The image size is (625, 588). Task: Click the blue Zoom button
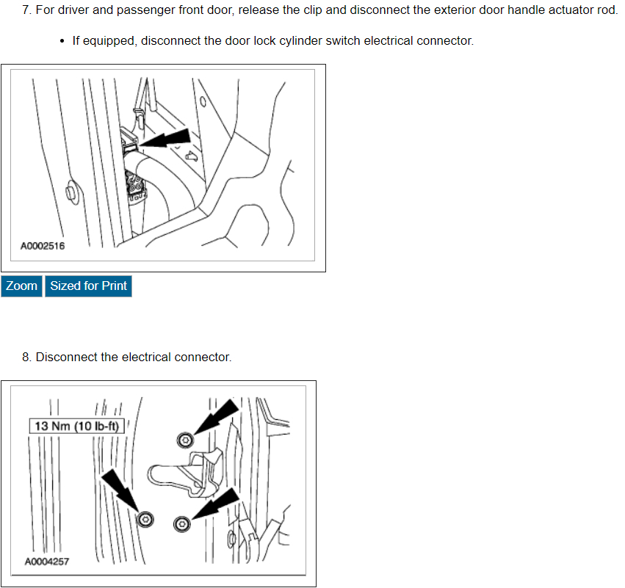(21, 286)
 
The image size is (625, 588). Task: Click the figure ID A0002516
(43, 246)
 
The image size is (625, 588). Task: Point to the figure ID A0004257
(48, 562)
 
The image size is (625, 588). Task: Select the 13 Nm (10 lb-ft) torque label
(78, 426)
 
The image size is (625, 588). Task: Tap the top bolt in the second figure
(184, 440)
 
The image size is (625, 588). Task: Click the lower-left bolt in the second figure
(145, 519)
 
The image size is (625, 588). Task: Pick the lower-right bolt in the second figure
(181, 523)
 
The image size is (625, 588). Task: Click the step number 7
(26, 11)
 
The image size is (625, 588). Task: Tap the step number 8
(26, 357)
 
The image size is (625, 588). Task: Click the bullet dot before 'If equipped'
(62, 41)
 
